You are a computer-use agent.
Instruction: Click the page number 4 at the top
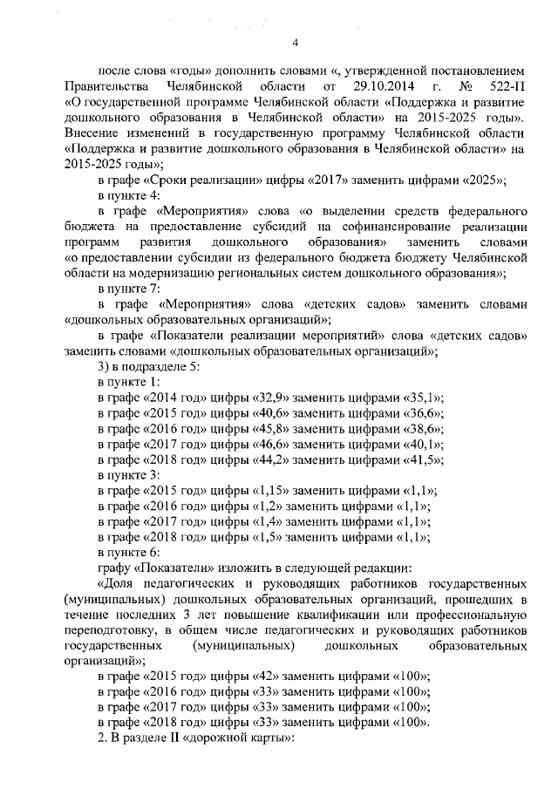tap(295, 43)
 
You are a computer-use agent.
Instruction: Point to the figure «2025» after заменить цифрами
tap(483, 180)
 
